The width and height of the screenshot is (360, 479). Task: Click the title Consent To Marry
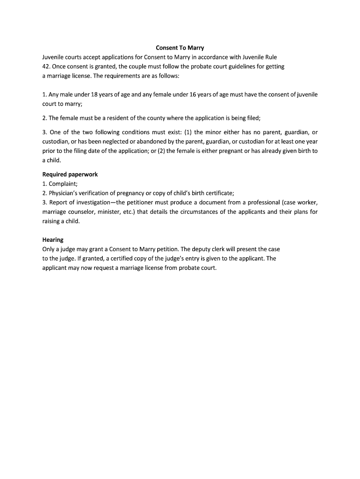coord(180,48)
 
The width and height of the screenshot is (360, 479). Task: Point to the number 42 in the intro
coord(46,66)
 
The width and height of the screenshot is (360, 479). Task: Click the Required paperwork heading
coord(70,174)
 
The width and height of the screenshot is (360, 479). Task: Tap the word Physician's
coord(65,193)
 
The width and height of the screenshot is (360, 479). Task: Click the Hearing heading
coord(53,240)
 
